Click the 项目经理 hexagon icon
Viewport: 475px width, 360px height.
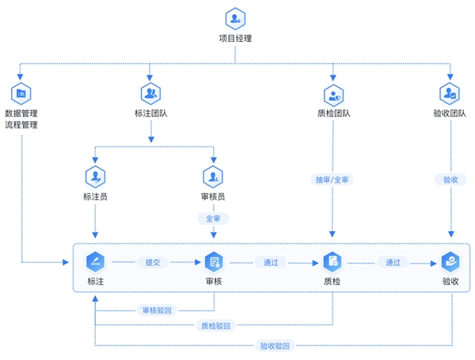pyautogui.click(x=235, y=19)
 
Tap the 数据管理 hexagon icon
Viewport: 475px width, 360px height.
pyautogui.click(x=21, y=93)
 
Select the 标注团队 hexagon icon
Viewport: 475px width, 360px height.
pyautogui.click(x=150, y=93)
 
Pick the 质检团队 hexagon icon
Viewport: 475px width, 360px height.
pyautogui.click(x=333, y=96)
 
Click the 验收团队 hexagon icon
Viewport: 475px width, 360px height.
pyautogui.click(x=450, y=93)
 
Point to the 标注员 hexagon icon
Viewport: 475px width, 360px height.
pyautogui.click(x=96, y=176)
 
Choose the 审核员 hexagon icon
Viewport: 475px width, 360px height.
pyautogui.click(x=213, y=176)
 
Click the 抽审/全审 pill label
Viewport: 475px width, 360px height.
pyautogui.click(x=332, y=180)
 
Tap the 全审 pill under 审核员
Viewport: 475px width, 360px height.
pyautogui.click(x=213, y=218)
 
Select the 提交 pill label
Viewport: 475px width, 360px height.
pyautogui.click(x=153, y=262)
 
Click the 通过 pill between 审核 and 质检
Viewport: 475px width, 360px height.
pyautogui.click(x=271, y=262)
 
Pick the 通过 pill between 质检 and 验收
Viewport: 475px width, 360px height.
pyautogui.click(x=393, y=262)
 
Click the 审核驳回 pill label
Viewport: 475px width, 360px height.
pyautogui.click(x=157, y=310)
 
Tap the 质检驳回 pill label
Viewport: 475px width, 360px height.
pyautogui.click(x=215, y=326)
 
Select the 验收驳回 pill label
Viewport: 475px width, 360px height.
pyautogui.click(x=275, y=346)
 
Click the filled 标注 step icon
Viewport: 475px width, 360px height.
pyautogui.click(x=96, y=262)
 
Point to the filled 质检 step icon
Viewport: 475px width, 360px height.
pyautogui.click(x=332, y=262)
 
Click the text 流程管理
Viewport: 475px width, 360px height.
pyautogui.click(x=21, y=125)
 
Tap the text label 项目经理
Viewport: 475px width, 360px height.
pyautogui.click(x=235, y=39)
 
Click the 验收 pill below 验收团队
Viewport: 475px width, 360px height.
pyautogui.click(x=450, y=180)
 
